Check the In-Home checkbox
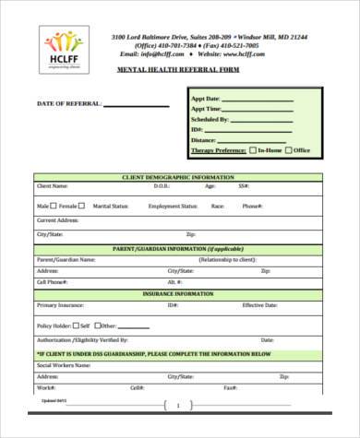pos(254,149)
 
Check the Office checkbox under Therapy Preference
pos(289,149)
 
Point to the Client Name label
pos(53,186)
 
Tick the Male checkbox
pos(54,207)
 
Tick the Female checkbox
pos(81,207)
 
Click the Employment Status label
pos(173,207)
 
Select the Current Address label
pos(57,220)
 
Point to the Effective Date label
pos(259,304)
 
